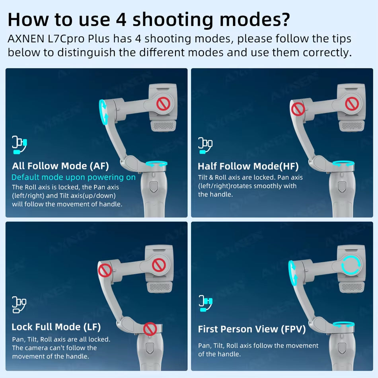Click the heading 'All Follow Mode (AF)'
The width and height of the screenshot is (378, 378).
(60, 166)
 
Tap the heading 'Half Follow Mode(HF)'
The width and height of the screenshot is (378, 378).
(248, 166)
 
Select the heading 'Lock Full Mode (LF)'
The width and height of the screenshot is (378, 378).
(56, 327)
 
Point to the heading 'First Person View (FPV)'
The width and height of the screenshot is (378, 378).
(252, 329)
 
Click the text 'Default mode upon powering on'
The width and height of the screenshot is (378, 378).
(74, 177)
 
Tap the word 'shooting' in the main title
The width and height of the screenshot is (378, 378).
(173, 20)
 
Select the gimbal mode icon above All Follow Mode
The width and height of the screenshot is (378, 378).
(19, 145)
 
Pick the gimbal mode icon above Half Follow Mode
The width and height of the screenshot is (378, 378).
(205, 145)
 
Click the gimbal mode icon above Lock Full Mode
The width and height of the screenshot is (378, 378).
(19, 304)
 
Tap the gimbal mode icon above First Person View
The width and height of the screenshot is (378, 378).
(206, 303)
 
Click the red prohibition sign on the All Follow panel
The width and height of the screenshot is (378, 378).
(163, 104)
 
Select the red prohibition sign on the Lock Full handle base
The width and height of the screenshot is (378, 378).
(150, 329)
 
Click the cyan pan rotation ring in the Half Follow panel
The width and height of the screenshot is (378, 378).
(343, 164)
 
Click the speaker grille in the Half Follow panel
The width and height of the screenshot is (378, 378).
(352, 126)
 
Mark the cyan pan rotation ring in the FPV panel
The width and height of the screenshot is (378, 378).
(343, 324)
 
